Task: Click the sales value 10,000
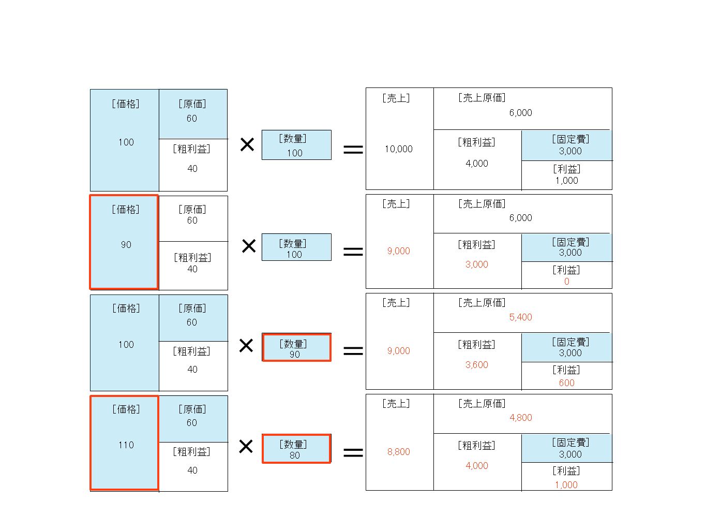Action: coord(398,149)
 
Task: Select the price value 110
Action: coord(126,445)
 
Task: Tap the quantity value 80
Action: coord(294,455)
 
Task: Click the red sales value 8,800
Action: coord(398,451)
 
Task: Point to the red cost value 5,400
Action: coord(520,317)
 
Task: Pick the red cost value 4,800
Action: coord(520,417)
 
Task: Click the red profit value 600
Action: coord(566,382)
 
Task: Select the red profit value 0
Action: coord(566,281)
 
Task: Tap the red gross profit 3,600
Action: coord(476,364)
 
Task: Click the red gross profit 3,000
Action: coord(476,264)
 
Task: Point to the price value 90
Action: coord(126,245)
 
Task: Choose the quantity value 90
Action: coord(294,355)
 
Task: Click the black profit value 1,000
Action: coord(566,181)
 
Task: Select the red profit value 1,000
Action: coord(566,484)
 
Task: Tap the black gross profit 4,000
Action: coord(476,163)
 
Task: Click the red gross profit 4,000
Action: coord(476,465)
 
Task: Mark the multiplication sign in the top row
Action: coord(247,144)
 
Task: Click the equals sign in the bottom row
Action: coord(353,453)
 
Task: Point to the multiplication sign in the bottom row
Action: coord(246,446)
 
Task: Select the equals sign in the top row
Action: coord(353,149)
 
